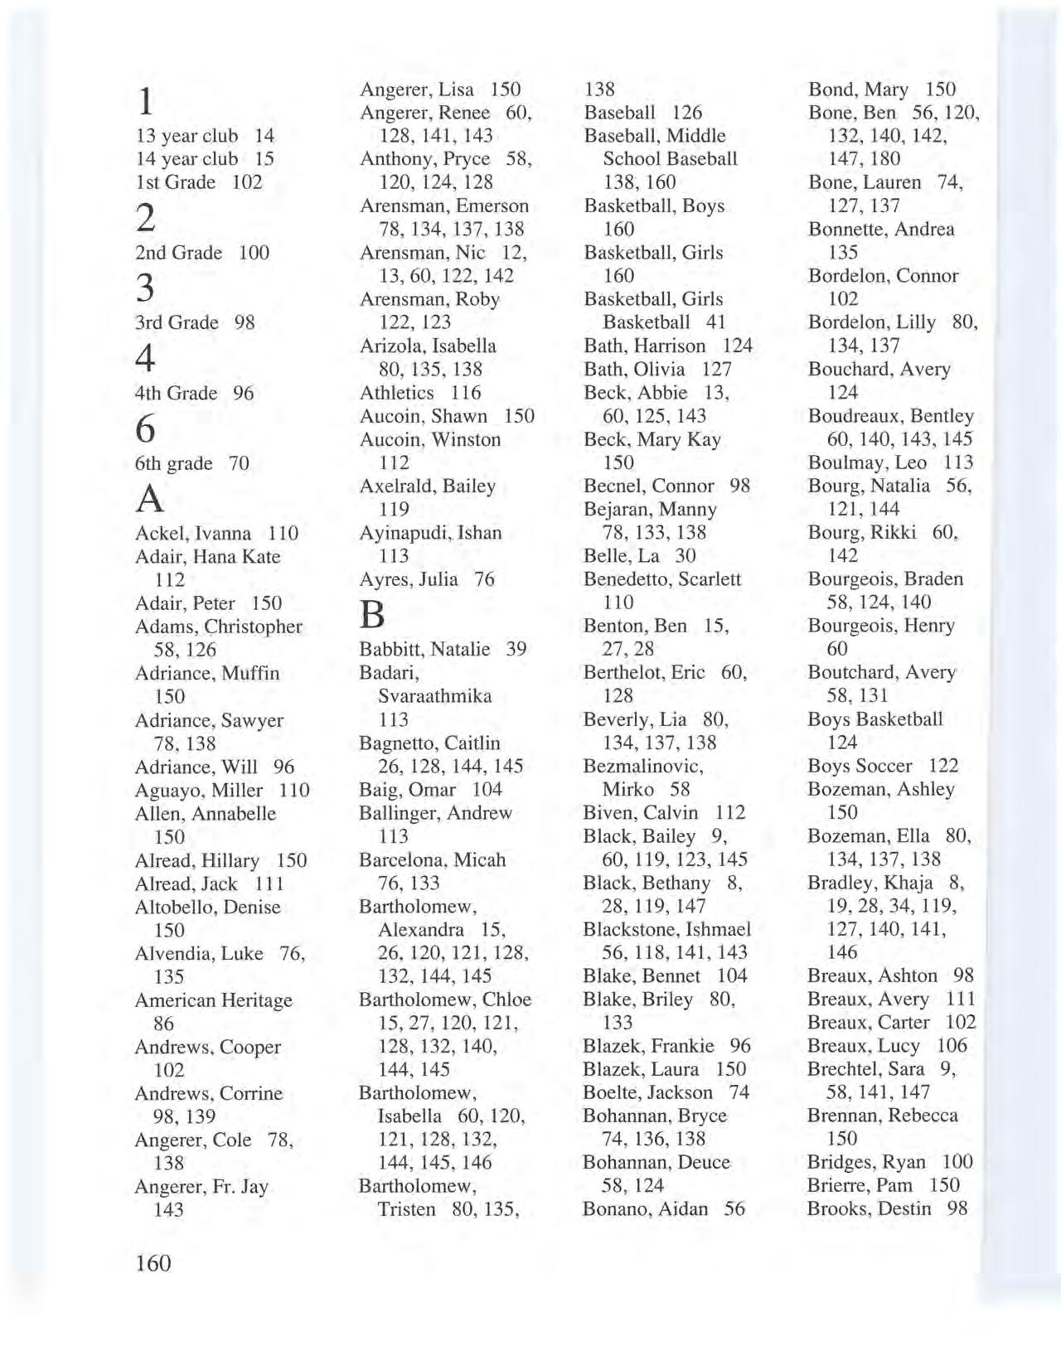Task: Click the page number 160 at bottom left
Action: pos(153,1263)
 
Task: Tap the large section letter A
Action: pos(149,499)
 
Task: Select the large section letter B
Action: pos(373,615)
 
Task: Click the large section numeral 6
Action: pos(146,428)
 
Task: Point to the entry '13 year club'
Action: pos(187,136)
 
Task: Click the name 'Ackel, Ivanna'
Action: pos(193,533)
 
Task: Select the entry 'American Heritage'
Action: pos(214,1000)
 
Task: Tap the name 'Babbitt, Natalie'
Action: pos(424,649)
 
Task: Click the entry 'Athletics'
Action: pos(396,393)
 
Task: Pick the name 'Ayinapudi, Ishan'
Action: pos(430,532)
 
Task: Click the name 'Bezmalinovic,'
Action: pos(643,766)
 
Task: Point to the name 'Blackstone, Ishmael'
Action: pos(667,929)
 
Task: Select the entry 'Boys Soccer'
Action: pos(860,766)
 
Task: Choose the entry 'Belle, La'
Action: pos(623,555)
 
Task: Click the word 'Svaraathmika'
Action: pos(435,695)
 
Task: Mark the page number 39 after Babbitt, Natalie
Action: pos(516,649)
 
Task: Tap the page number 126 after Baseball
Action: pos(687,112)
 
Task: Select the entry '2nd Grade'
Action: pos(178,253)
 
